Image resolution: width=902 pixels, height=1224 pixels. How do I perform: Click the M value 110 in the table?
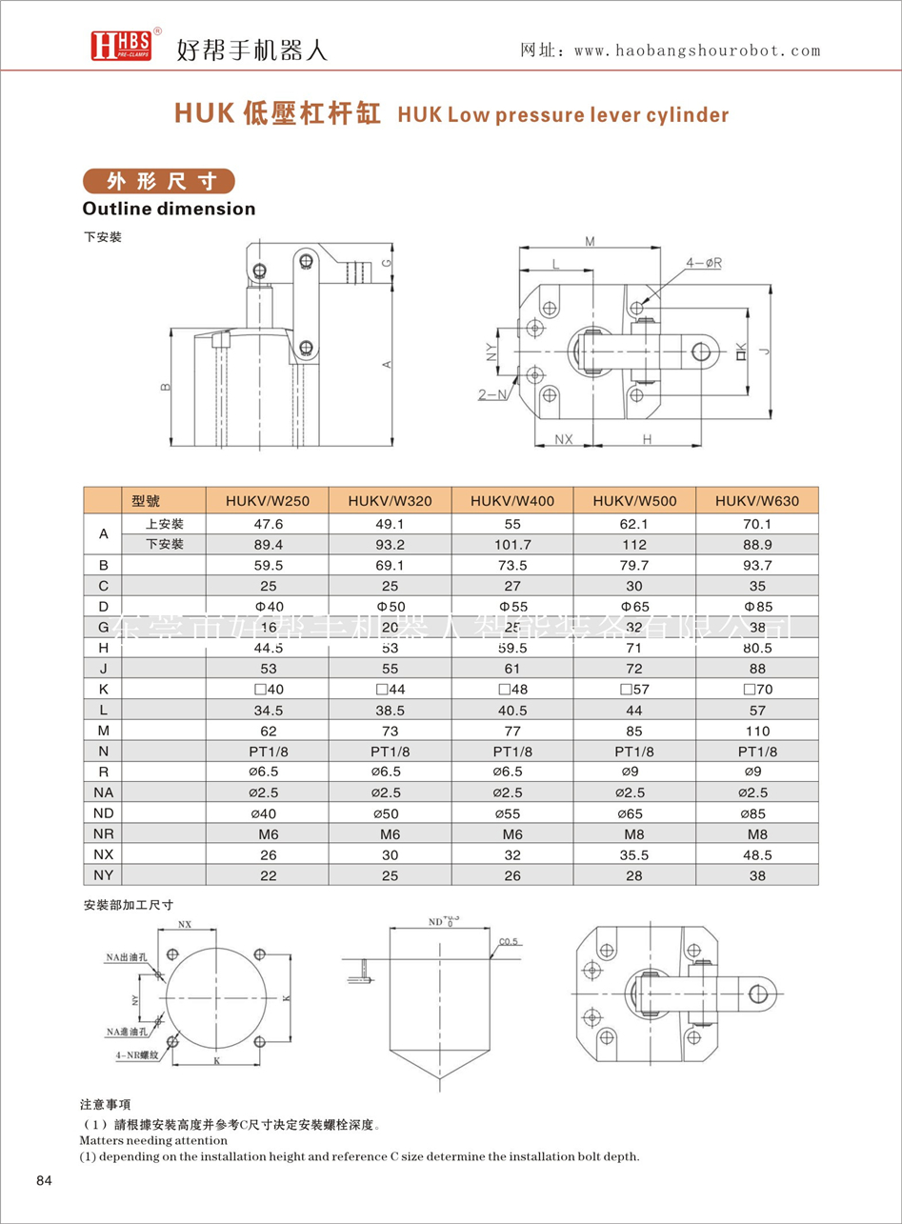point(756,731)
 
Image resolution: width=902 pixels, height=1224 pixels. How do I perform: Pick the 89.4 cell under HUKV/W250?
point(268,544)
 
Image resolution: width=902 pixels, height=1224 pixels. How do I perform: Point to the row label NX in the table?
point(104,854)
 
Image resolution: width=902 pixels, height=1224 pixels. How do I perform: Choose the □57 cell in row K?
point(633,690)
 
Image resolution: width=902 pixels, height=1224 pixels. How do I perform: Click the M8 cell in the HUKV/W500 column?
point(633,833)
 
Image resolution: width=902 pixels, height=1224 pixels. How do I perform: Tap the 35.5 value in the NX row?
point(633,854)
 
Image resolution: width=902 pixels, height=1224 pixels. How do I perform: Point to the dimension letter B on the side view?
point(165,388)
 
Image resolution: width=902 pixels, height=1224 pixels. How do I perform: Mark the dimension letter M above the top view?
point(590,242)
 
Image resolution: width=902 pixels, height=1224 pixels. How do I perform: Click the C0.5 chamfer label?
point(510,943)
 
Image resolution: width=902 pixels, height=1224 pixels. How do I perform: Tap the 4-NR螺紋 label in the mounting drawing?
point(123,1055)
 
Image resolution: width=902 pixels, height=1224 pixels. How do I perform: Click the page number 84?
point(43,1181)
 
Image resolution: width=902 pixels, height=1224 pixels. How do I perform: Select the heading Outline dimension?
point(169,209)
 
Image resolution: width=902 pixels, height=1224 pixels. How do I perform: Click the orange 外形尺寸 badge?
point(158,181)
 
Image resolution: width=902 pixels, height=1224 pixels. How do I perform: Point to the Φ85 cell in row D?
point(756,606)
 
